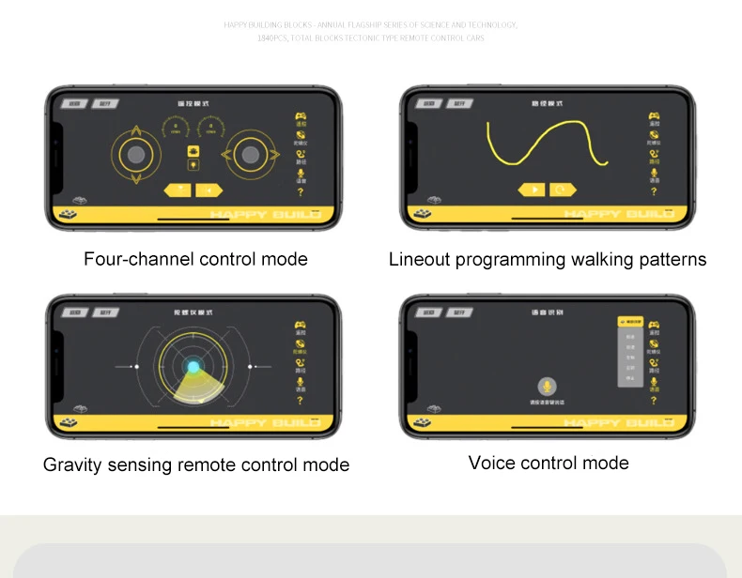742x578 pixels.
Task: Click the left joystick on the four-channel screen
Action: click(136, 155)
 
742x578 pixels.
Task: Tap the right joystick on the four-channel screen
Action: click(250, 155)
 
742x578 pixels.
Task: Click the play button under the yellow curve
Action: click(532, 190)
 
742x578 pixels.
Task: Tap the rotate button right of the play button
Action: click(563, 190)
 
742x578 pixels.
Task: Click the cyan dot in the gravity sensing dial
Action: click(193, 367)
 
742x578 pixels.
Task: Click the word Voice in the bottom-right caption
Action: click(491, 463)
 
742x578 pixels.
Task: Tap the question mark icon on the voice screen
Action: click(654, 401)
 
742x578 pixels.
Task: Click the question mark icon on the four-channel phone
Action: click(300, 192)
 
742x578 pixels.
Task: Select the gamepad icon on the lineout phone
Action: click(654, 117)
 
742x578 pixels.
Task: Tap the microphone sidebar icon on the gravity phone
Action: click(300, 381)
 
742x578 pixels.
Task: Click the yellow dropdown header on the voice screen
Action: click(630, 322)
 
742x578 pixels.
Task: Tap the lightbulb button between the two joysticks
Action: click(193, 165)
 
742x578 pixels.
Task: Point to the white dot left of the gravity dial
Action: click(136, 366)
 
